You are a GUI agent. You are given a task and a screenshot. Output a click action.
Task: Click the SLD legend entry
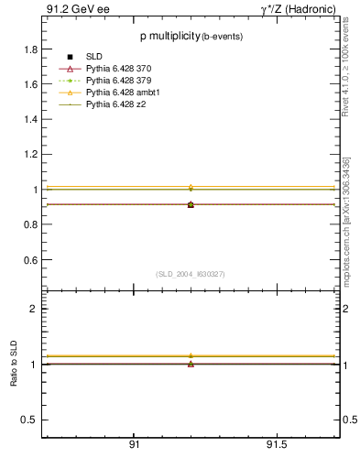(93, 58)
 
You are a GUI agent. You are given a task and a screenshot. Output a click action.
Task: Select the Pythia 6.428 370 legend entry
(116, 70)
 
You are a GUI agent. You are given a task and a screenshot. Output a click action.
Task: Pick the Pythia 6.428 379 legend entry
(116, 82)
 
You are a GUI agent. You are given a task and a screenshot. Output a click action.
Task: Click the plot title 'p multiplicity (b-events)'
(184, 37)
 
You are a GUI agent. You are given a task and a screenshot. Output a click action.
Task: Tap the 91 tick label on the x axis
(135, 444)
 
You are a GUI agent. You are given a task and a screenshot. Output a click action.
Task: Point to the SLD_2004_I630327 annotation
(190, 274)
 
